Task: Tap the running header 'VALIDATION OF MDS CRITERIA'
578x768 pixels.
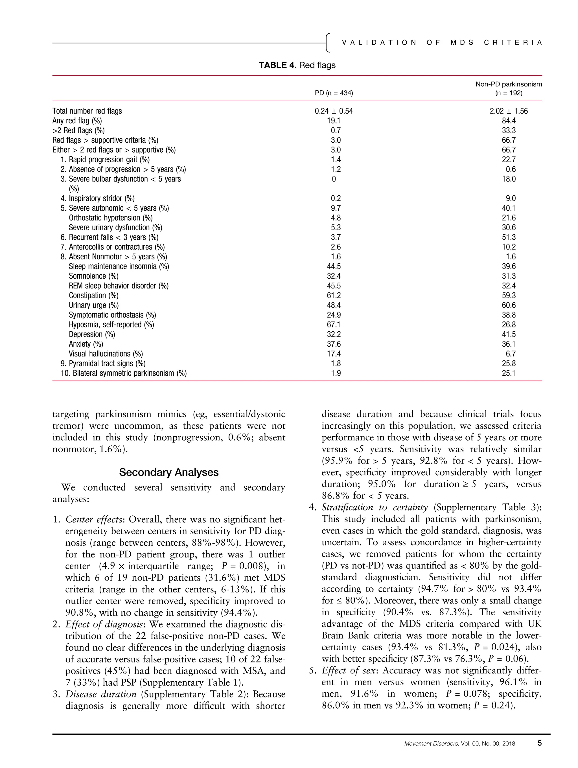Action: pos(442,43)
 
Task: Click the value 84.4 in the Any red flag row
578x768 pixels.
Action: pos(509,121)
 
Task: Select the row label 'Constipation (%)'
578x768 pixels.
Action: pos(93,296)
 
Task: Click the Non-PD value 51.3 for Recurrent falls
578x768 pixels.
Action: pos(509,237)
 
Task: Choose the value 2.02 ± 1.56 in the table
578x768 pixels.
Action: pos(508,111)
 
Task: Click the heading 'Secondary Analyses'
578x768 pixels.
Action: pos(169,472)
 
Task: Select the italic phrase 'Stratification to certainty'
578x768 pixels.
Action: pos(374,507)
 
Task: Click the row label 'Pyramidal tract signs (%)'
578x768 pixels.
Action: pos(107,364)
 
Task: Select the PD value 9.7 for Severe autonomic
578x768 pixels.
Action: pos(336,208)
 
